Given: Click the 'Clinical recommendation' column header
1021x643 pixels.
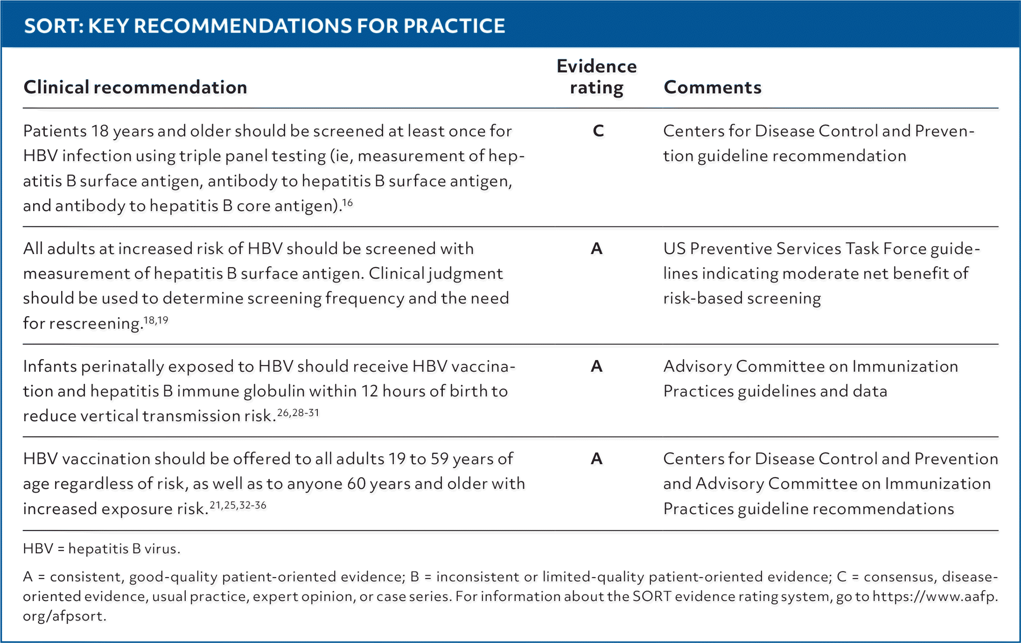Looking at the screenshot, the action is [x=135, y=87].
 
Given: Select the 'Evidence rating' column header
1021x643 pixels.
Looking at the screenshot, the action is [x=597, y=77].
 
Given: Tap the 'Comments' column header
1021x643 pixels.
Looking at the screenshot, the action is [x=713, y=87].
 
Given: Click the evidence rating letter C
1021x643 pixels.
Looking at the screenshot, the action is [x=598, y=131].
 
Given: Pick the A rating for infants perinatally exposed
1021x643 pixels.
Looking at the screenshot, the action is [x=597, y=366].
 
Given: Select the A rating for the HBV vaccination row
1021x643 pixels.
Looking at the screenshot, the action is [x=597, y=459].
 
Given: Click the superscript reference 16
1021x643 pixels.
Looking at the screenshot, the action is [x=347, y=203].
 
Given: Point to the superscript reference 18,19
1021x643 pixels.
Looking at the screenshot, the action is [x=156, y=320].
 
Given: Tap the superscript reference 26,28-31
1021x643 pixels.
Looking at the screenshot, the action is [x=298, y=413].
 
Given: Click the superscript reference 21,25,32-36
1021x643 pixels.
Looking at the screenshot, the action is [x=238, y=505].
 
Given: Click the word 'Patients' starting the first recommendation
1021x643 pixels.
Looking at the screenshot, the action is [x=55, y=131].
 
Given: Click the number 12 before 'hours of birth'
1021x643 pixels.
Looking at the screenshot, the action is [x=369, y=391].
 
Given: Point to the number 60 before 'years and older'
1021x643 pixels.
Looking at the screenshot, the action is [x=357, y=483].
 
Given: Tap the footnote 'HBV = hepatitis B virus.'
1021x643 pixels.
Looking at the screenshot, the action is [x=102, y=548].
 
